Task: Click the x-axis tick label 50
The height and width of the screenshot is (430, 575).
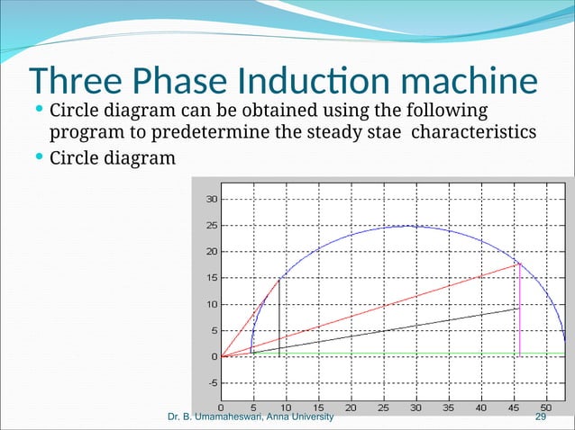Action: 546,407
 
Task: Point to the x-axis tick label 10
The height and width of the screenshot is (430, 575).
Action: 286,407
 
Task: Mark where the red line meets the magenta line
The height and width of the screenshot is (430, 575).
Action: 520,264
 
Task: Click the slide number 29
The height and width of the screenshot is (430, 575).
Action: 541,418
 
